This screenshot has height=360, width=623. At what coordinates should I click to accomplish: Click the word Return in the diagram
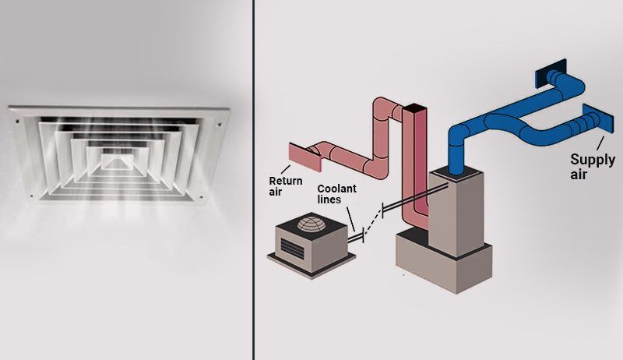[285, 181]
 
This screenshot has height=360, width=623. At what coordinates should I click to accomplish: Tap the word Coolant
[337, 189]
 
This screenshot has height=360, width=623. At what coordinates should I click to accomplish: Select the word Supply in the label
[593, 161]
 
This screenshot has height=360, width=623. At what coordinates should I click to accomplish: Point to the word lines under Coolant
[329, 199]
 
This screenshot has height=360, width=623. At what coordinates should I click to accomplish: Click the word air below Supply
[579, 175]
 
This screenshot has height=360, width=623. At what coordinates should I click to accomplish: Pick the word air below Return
[276, 192]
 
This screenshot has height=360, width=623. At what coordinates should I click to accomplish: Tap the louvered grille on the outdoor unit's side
[292, 249]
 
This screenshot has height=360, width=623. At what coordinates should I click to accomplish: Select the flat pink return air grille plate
[304, 157]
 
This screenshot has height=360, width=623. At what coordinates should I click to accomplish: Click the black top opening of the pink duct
[415, 108]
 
